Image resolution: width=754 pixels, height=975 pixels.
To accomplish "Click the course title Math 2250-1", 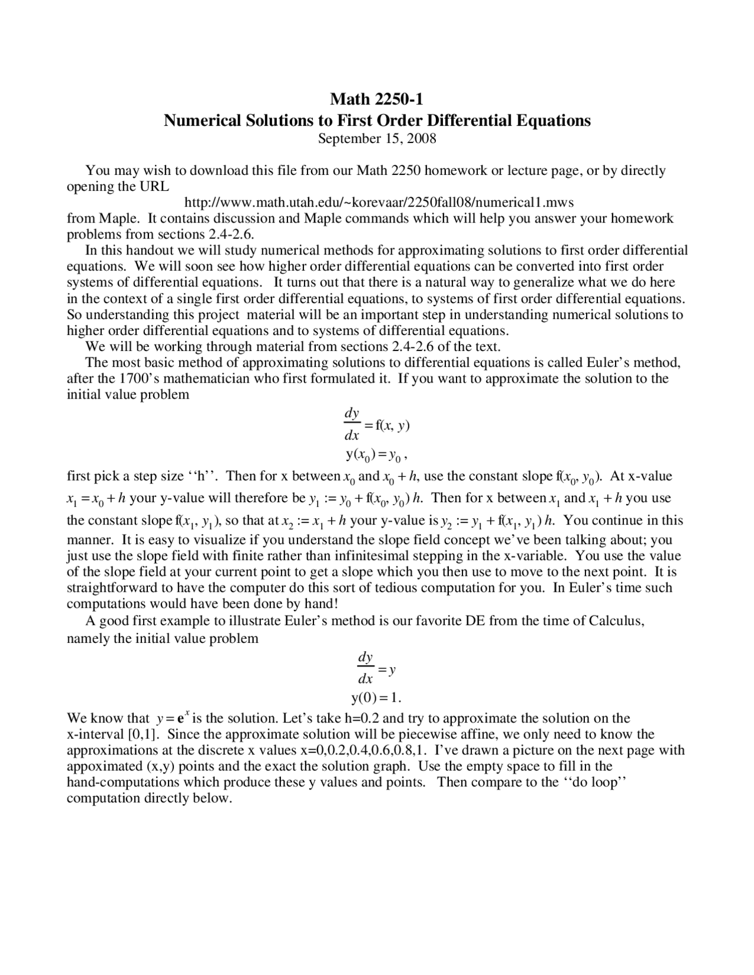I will tap(376, 98).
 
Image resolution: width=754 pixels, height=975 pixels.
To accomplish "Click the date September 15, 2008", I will tap(376, 138).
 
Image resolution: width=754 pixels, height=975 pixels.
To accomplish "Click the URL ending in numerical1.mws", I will tap(379, 203).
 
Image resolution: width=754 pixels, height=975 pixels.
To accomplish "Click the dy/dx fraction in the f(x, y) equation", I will tap(352, 425).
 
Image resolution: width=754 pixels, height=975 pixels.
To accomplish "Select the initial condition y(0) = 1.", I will tap(376, 698).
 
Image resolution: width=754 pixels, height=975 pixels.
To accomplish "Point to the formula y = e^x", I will tap(173, 718).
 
